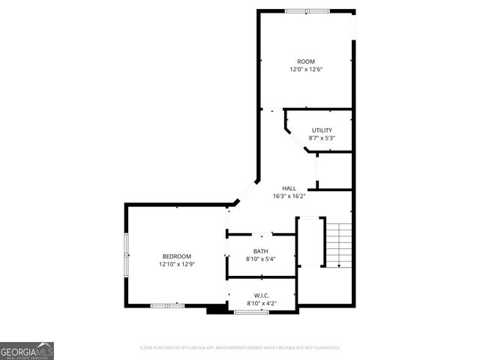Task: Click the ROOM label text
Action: click(305, 61)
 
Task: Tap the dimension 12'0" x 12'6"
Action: click(305, 70)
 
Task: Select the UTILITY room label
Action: click(322, 130)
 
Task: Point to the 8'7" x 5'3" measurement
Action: click(322, 138)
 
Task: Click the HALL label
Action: click(289, 188)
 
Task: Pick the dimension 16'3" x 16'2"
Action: click(289, 196)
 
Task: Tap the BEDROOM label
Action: click(177, 256)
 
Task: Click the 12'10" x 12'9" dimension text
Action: click(177, 264)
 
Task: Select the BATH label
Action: click(260, 251)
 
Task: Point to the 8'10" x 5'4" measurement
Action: click(260, 259)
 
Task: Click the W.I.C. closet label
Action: click(261, 295)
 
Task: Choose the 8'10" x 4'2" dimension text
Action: click(261, 303)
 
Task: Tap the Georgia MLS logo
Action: click(27, 350)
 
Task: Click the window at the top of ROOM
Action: click(307, 10)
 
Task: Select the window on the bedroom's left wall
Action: click(126, 253)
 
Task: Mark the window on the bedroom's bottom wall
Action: click(167, 305)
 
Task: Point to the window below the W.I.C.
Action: click(251, 311)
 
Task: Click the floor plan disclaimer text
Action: click(240, 348)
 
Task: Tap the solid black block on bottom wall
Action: click(216, 308)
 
